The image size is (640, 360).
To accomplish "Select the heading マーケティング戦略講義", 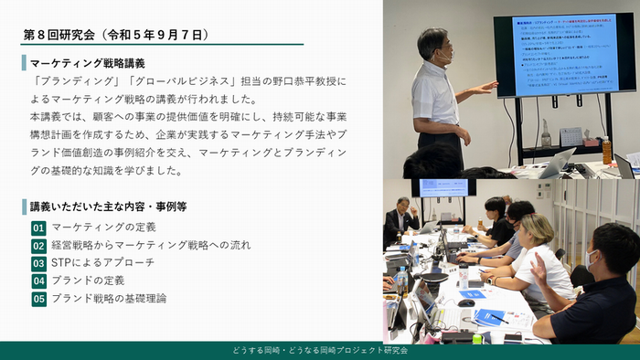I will (x=87, y=63).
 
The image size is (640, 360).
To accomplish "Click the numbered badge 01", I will (x=38, y=228).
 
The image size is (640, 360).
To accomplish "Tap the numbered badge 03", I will (x=38, y=263).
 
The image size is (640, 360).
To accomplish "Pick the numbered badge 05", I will (x=38, y=299).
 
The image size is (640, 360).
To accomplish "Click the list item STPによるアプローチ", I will (x=102, y=263).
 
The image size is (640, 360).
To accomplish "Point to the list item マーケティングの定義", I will (x=103, y=228).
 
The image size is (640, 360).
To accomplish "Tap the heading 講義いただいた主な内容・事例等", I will (x=108, y=206).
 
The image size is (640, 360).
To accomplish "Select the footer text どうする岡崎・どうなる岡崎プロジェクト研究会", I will (x=319, y=351).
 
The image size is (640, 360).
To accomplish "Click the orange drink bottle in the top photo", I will (x=604, y=150).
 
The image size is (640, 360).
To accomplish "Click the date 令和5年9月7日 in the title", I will (x=161, y=35).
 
